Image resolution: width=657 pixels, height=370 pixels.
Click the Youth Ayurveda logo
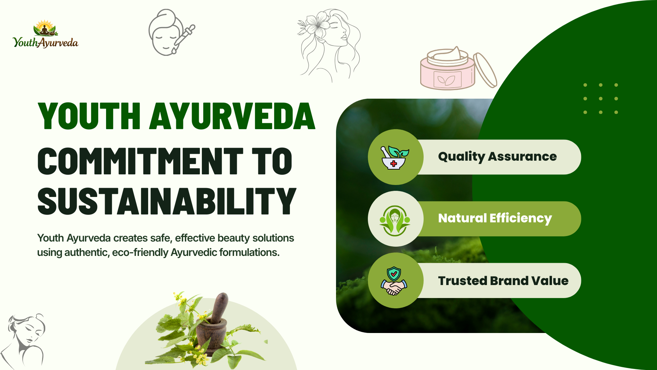46,35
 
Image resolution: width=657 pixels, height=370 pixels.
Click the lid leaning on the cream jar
485,70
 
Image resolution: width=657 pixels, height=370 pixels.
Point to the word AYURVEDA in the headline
232,116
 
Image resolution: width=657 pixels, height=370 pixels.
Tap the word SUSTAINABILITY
167,201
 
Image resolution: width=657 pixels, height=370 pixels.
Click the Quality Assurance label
497,157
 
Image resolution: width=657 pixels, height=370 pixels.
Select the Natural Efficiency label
495,218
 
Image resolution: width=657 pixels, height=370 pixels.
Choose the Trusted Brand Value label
503,281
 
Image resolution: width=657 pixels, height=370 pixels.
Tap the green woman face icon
395,220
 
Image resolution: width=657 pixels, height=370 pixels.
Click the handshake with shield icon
394,281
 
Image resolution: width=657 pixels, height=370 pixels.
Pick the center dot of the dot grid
601,99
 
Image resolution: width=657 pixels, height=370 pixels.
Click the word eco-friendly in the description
140,252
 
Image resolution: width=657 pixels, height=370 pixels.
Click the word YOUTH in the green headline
89,116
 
